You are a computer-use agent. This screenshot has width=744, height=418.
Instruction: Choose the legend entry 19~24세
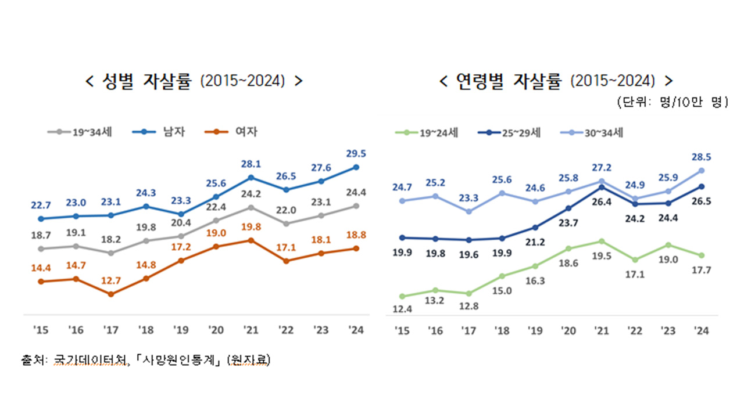click(x=439, y=132)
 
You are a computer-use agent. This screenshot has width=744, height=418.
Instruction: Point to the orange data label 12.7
click(x=110, y=281)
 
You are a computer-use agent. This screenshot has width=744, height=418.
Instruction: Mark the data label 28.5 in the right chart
click(x=701, y=156)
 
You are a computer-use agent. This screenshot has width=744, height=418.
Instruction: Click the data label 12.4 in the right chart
click(x=402, y=309)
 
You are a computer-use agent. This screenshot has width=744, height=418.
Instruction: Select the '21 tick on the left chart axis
click(x=251, y=330)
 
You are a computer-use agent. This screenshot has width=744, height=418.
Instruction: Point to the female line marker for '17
click(x=110, y=294)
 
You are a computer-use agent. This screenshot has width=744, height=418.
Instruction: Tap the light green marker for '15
click(x=402, y=296)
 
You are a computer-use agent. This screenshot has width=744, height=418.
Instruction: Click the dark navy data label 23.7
click(x=568, y=221)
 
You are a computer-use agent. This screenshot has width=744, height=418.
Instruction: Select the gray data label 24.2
click(x=251, y=194)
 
